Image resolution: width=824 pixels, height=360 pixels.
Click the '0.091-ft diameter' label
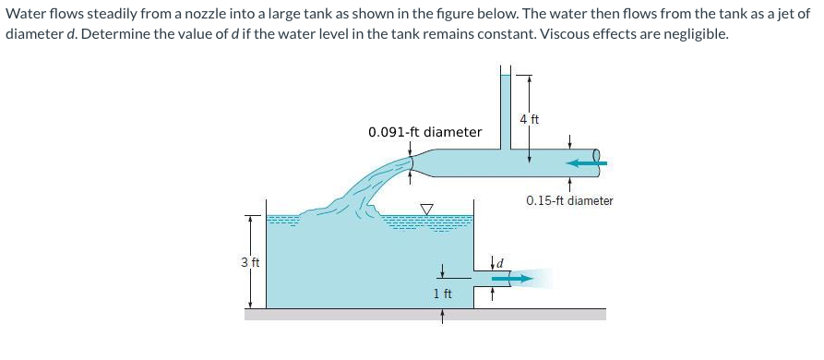[x=424, y=132]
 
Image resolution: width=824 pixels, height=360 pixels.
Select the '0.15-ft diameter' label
[x=569, y=200]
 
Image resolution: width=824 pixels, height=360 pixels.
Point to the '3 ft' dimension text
[x=248, y=262]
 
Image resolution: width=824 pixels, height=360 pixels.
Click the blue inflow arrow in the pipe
[x=584, y=163]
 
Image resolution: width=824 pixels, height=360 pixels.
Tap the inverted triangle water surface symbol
[x=427, y=210]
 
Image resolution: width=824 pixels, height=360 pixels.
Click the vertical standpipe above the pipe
[x=505, y=106]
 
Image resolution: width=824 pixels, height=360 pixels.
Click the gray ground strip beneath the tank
[x=424, y=314]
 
